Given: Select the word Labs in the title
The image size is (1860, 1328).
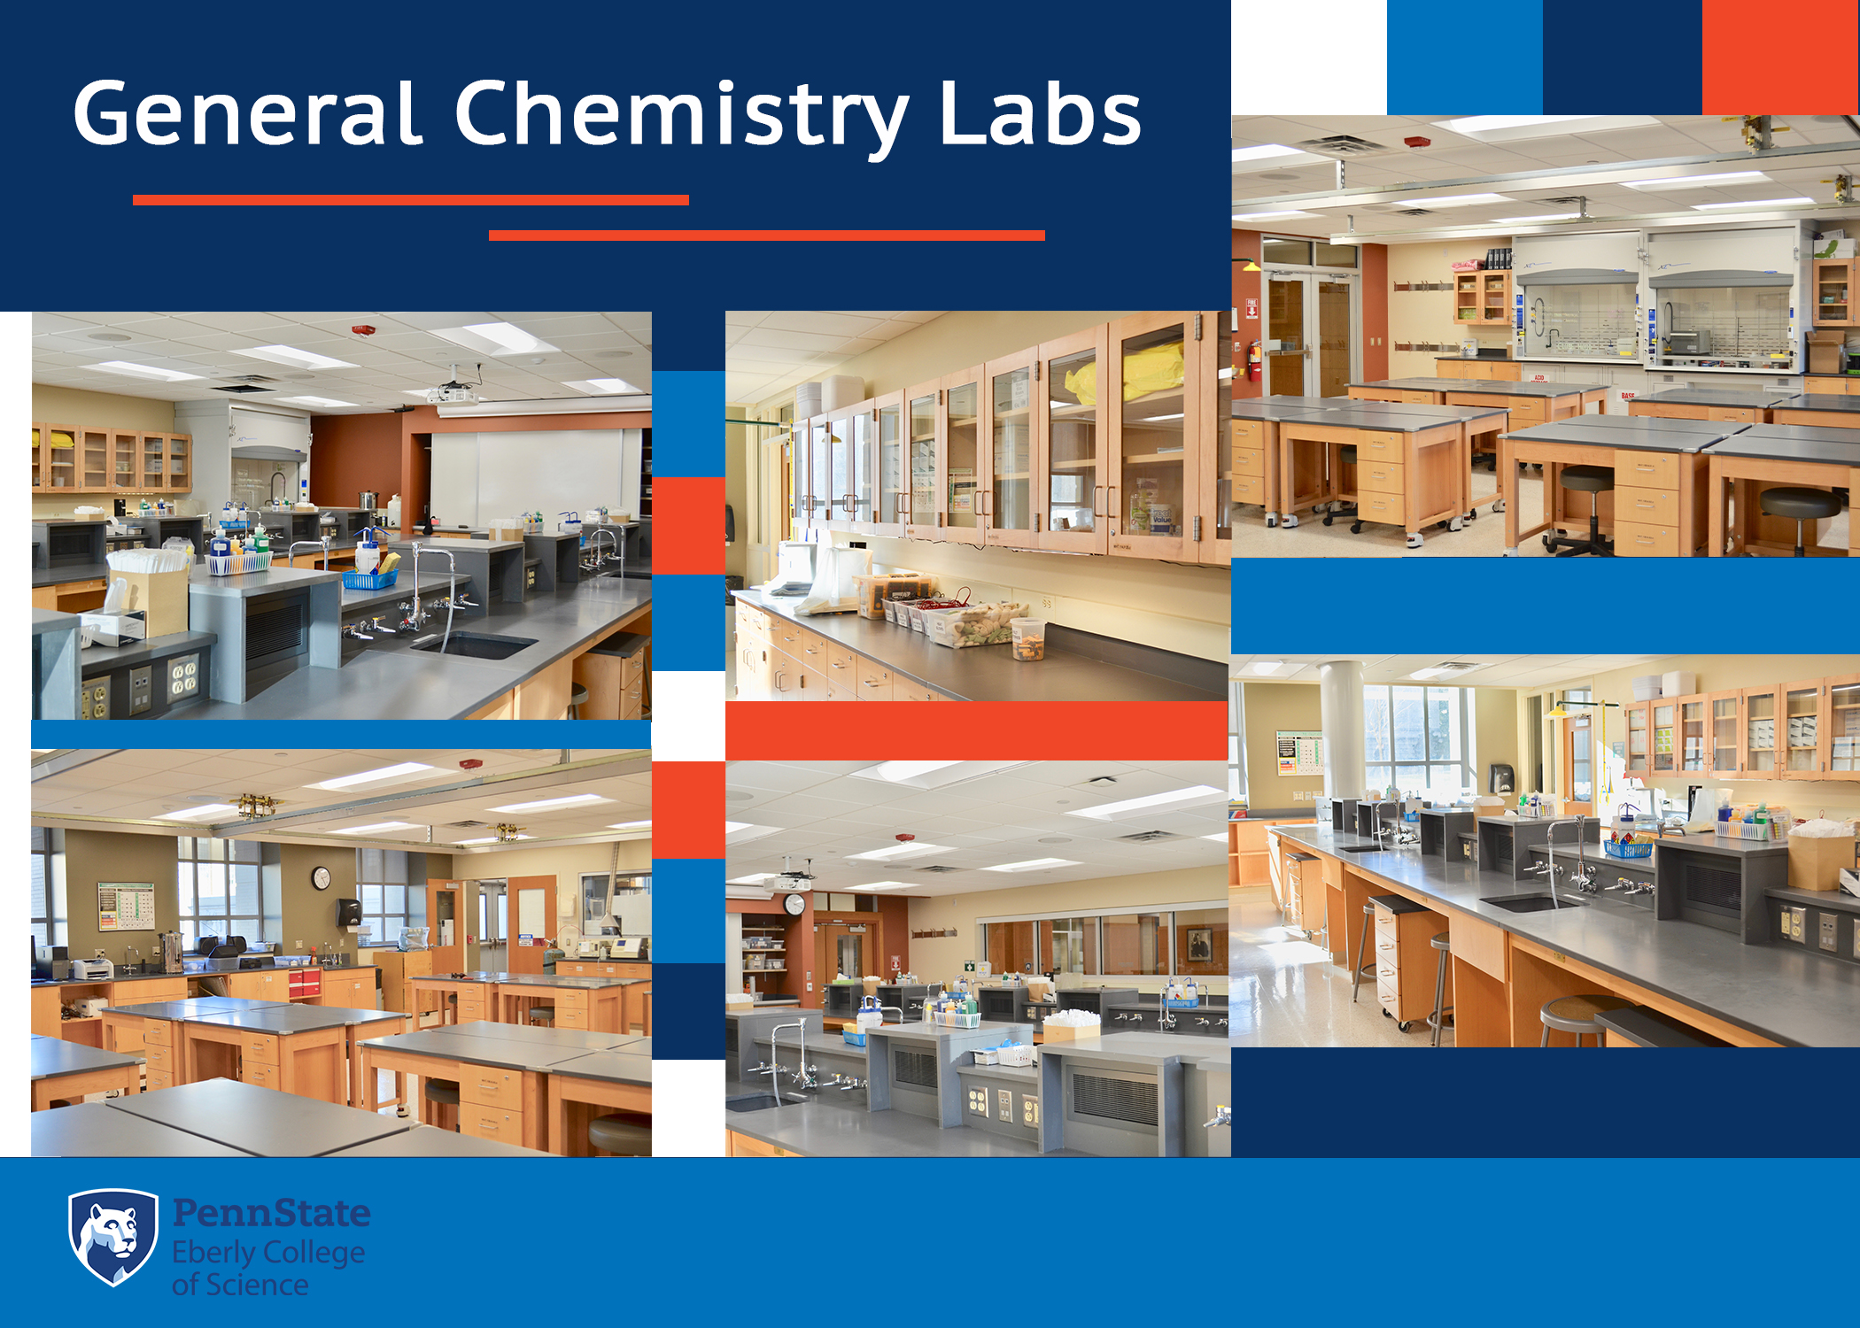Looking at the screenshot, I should (1040, 115).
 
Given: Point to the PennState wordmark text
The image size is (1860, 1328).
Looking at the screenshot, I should (271, 1213).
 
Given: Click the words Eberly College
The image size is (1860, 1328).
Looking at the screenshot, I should (268, 1253).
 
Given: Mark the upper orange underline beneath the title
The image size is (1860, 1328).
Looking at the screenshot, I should (410, 200).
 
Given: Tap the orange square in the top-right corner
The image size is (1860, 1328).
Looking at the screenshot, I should (1780, 57).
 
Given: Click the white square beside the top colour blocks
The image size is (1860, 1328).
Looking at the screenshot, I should (1309, 57).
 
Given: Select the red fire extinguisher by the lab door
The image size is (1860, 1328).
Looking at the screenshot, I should (1254, 360).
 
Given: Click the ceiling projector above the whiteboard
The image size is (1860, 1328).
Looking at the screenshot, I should (453, 391).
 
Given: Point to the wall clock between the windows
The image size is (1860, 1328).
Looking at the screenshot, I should (321, 878).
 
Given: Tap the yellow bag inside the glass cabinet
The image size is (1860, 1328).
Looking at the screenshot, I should (1151, 372).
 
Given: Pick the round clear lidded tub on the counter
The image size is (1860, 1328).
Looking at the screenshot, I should (1028, 639).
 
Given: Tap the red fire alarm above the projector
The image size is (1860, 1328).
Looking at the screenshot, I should (363, 330).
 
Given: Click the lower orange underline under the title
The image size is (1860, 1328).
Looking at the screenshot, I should (766, 235).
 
